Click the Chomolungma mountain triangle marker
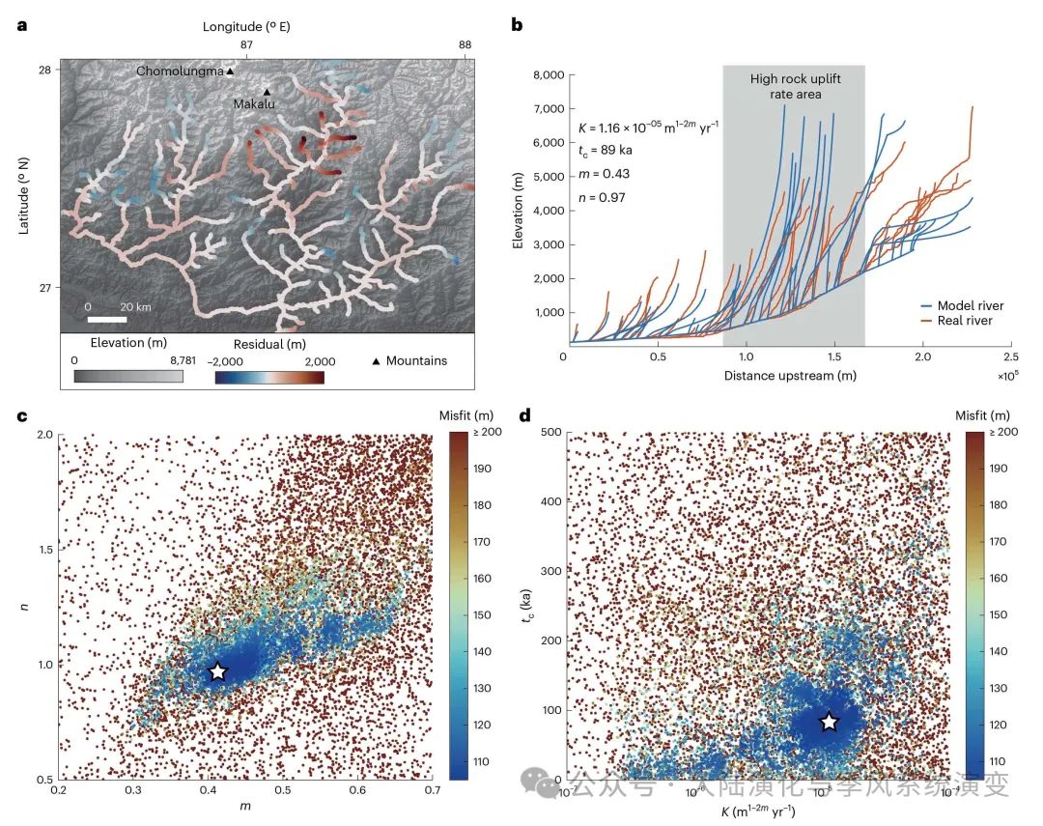coord(231,71)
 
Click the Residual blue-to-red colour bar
coord(268,376)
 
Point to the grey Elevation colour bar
coord(127,376)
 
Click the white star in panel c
coord(217,670)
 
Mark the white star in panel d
coord(829,722)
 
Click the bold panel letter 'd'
coord(525,416)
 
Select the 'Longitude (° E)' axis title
coord(245,27)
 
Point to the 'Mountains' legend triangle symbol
coord(376,361)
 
